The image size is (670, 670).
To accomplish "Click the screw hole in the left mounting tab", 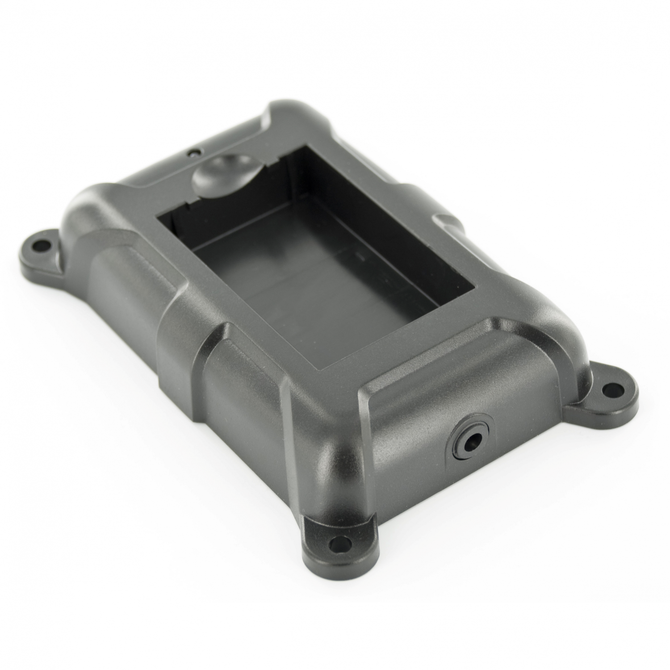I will click(x=43, y=245).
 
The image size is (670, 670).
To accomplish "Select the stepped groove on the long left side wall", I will click(x=179, y=348).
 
